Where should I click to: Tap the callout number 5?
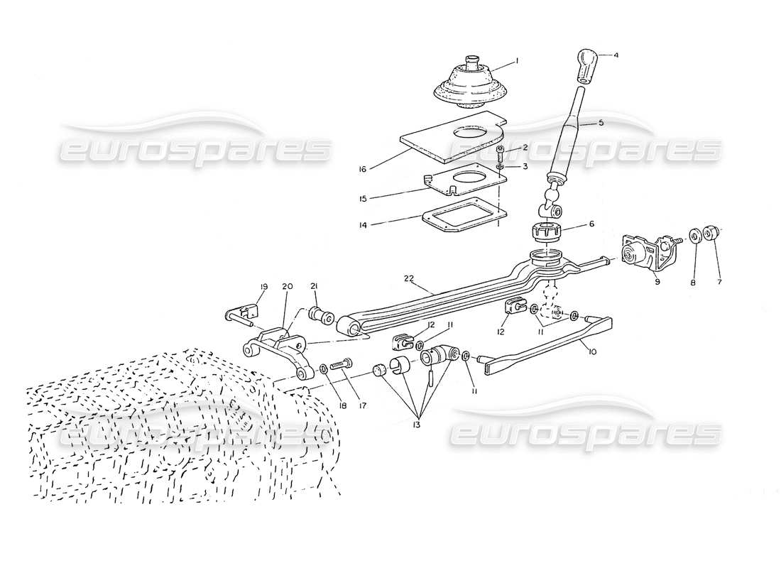[601, 123]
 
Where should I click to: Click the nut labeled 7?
[715, 234]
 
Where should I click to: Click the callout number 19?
[263, 287]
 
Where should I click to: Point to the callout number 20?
[288, 287]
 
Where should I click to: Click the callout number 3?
[525, 166]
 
